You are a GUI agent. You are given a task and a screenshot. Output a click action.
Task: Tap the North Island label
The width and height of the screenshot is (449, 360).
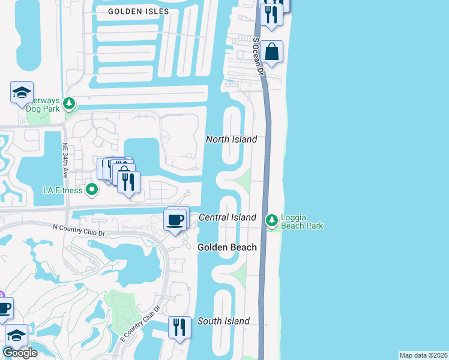pyautogui.click(x=231, y=139)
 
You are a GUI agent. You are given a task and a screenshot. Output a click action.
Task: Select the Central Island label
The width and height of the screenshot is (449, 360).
pyautogui.click(x=228, y=217)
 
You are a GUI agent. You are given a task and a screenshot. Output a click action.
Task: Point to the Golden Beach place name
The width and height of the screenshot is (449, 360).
pyautogui.click(x=228, y=247)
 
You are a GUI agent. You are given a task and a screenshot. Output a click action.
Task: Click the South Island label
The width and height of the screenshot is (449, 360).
pyautogui.click(x=224, y=321)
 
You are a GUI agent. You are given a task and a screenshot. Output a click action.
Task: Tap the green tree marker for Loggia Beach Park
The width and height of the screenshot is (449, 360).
pyautogui.click(x=272, y=221)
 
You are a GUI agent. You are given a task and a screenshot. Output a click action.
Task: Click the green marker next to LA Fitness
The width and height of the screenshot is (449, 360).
pyautogui.click(x=92, y=191)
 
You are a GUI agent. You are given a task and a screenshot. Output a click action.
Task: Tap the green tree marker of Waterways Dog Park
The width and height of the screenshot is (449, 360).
pyautogui.click(x=70, y=104)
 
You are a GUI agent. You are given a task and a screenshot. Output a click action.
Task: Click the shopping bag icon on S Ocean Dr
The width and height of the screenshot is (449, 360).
pyautogui.click(x=272, y=52)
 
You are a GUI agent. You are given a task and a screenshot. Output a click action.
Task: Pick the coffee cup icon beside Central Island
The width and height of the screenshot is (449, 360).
pyautogui.click(x=175, y=220)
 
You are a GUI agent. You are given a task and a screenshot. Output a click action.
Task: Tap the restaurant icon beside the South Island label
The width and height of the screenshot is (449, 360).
pyautogui.click(x=179, y=328)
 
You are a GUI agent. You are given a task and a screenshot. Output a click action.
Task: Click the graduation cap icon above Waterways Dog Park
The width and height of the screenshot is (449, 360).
pyautogui.click(x=22, y=93)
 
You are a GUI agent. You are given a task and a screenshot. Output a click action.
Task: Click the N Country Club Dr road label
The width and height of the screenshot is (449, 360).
pyautogui.click(x=79, y=227)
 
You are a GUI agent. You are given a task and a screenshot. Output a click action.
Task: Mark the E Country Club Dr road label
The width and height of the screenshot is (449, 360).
pyautogui.click(x=140, y=325)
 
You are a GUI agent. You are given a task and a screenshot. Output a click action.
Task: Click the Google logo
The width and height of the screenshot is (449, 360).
pyautogui.click(x=20, y=353)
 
